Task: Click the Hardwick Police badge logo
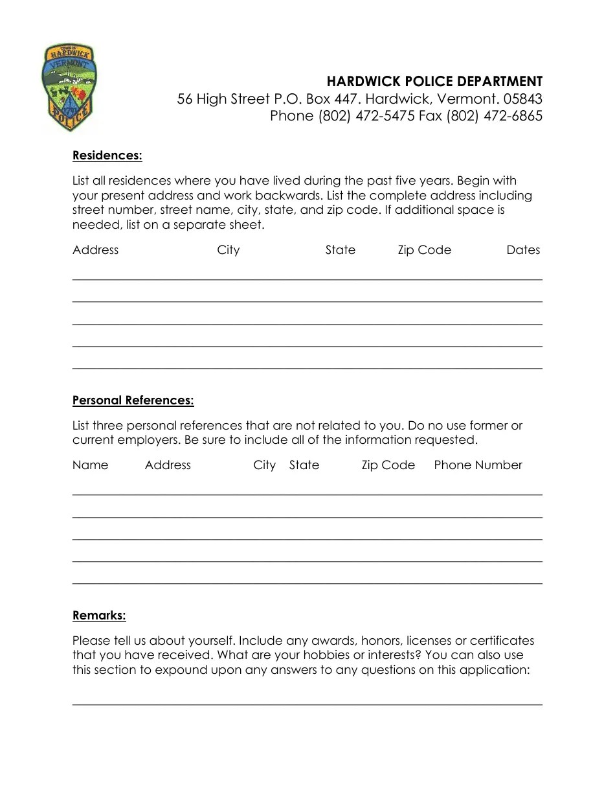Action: (x=69, y=87)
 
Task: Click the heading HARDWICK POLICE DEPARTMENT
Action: (x=434, y=82)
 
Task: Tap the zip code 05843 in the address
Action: (x=522, y=99)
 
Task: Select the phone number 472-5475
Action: (x=385, y=116)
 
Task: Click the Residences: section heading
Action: (x=107, y=156)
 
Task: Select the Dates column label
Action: (x=523, y=250)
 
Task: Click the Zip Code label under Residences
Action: (x=424, y=250)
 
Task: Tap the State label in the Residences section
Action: (x=341, y=250)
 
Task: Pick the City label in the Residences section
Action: (x=229, y=250)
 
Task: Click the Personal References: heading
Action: (x=133, y=400)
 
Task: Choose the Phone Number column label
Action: (x=478, y=465)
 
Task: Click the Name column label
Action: (x=91, y=465)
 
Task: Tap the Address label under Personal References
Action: (x=168, y=465)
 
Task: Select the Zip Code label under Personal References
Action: (x=388, y=465)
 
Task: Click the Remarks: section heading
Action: (x=99, y=616)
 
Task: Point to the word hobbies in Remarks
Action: (x=322, y=655)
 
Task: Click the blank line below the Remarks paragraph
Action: (x=307, y=704)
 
